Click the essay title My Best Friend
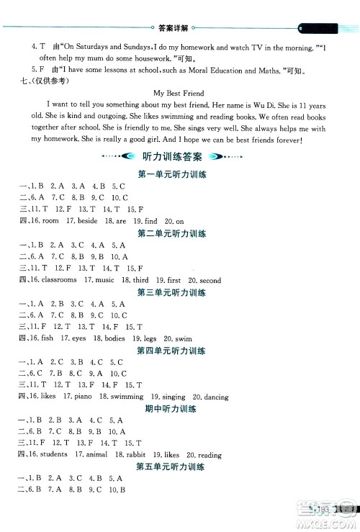[x=179, y=94]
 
